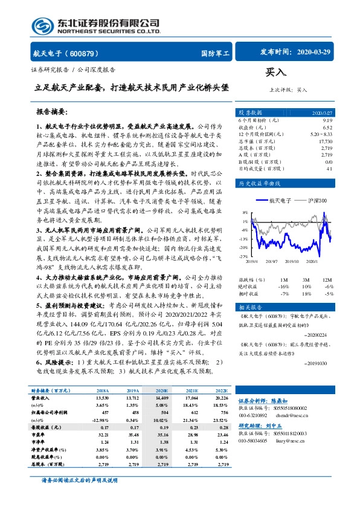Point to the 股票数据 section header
coord(250,112)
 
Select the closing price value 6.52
coord(327,127)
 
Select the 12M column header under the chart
coord(326,280)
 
